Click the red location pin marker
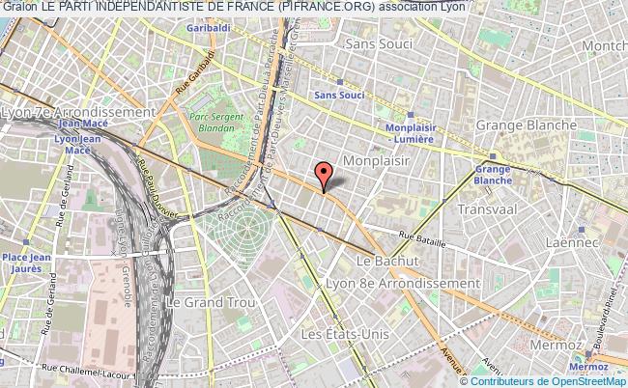click(324, 175)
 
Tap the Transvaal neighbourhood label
click(489, 208)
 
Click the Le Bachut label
click(386, 262)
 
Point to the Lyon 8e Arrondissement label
click(417, 283)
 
